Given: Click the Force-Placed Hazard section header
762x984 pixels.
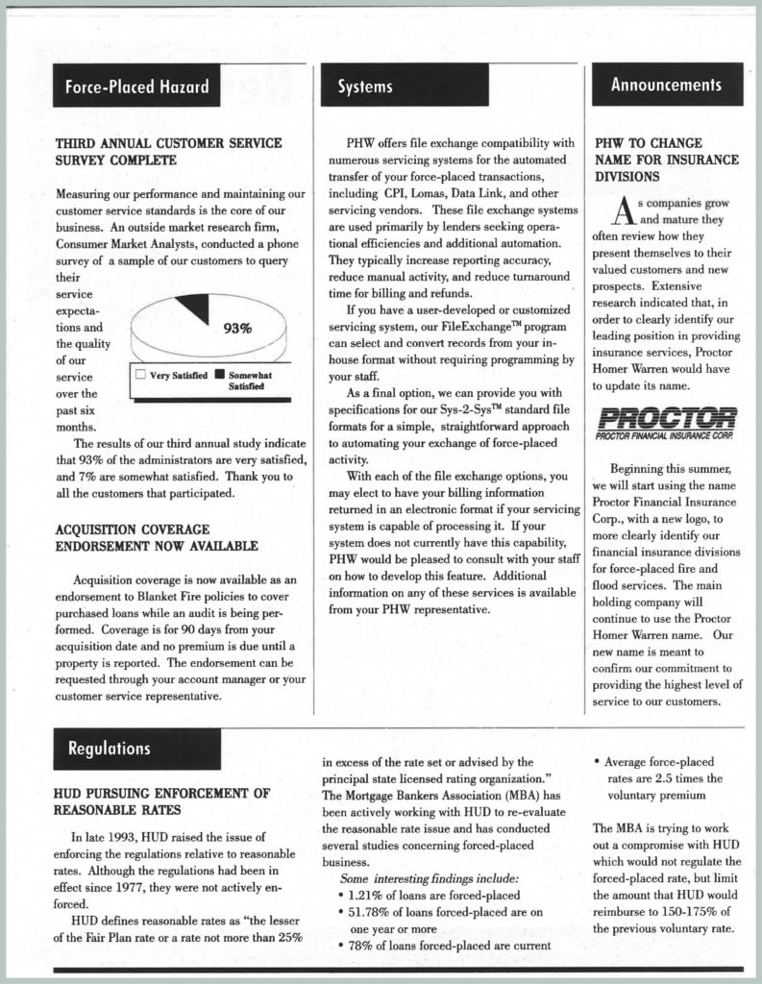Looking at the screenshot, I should pyautogui.click(x=136, y=87).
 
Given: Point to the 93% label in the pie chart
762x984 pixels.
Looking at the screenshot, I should pyautogui.click(x=236, y=329).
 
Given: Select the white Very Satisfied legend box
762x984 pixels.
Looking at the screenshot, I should pyautogui.click(x=139, y=375).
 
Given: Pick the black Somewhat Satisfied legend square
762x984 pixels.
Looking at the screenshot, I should pyautogui.click(x=220, y=375).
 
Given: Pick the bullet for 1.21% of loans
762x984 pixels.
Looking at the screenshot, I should pyautogui.click(x=343, y=895).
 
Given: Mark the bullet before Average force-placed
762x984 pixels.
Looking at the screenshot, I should pyautogui.click(x=598, y=762).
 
